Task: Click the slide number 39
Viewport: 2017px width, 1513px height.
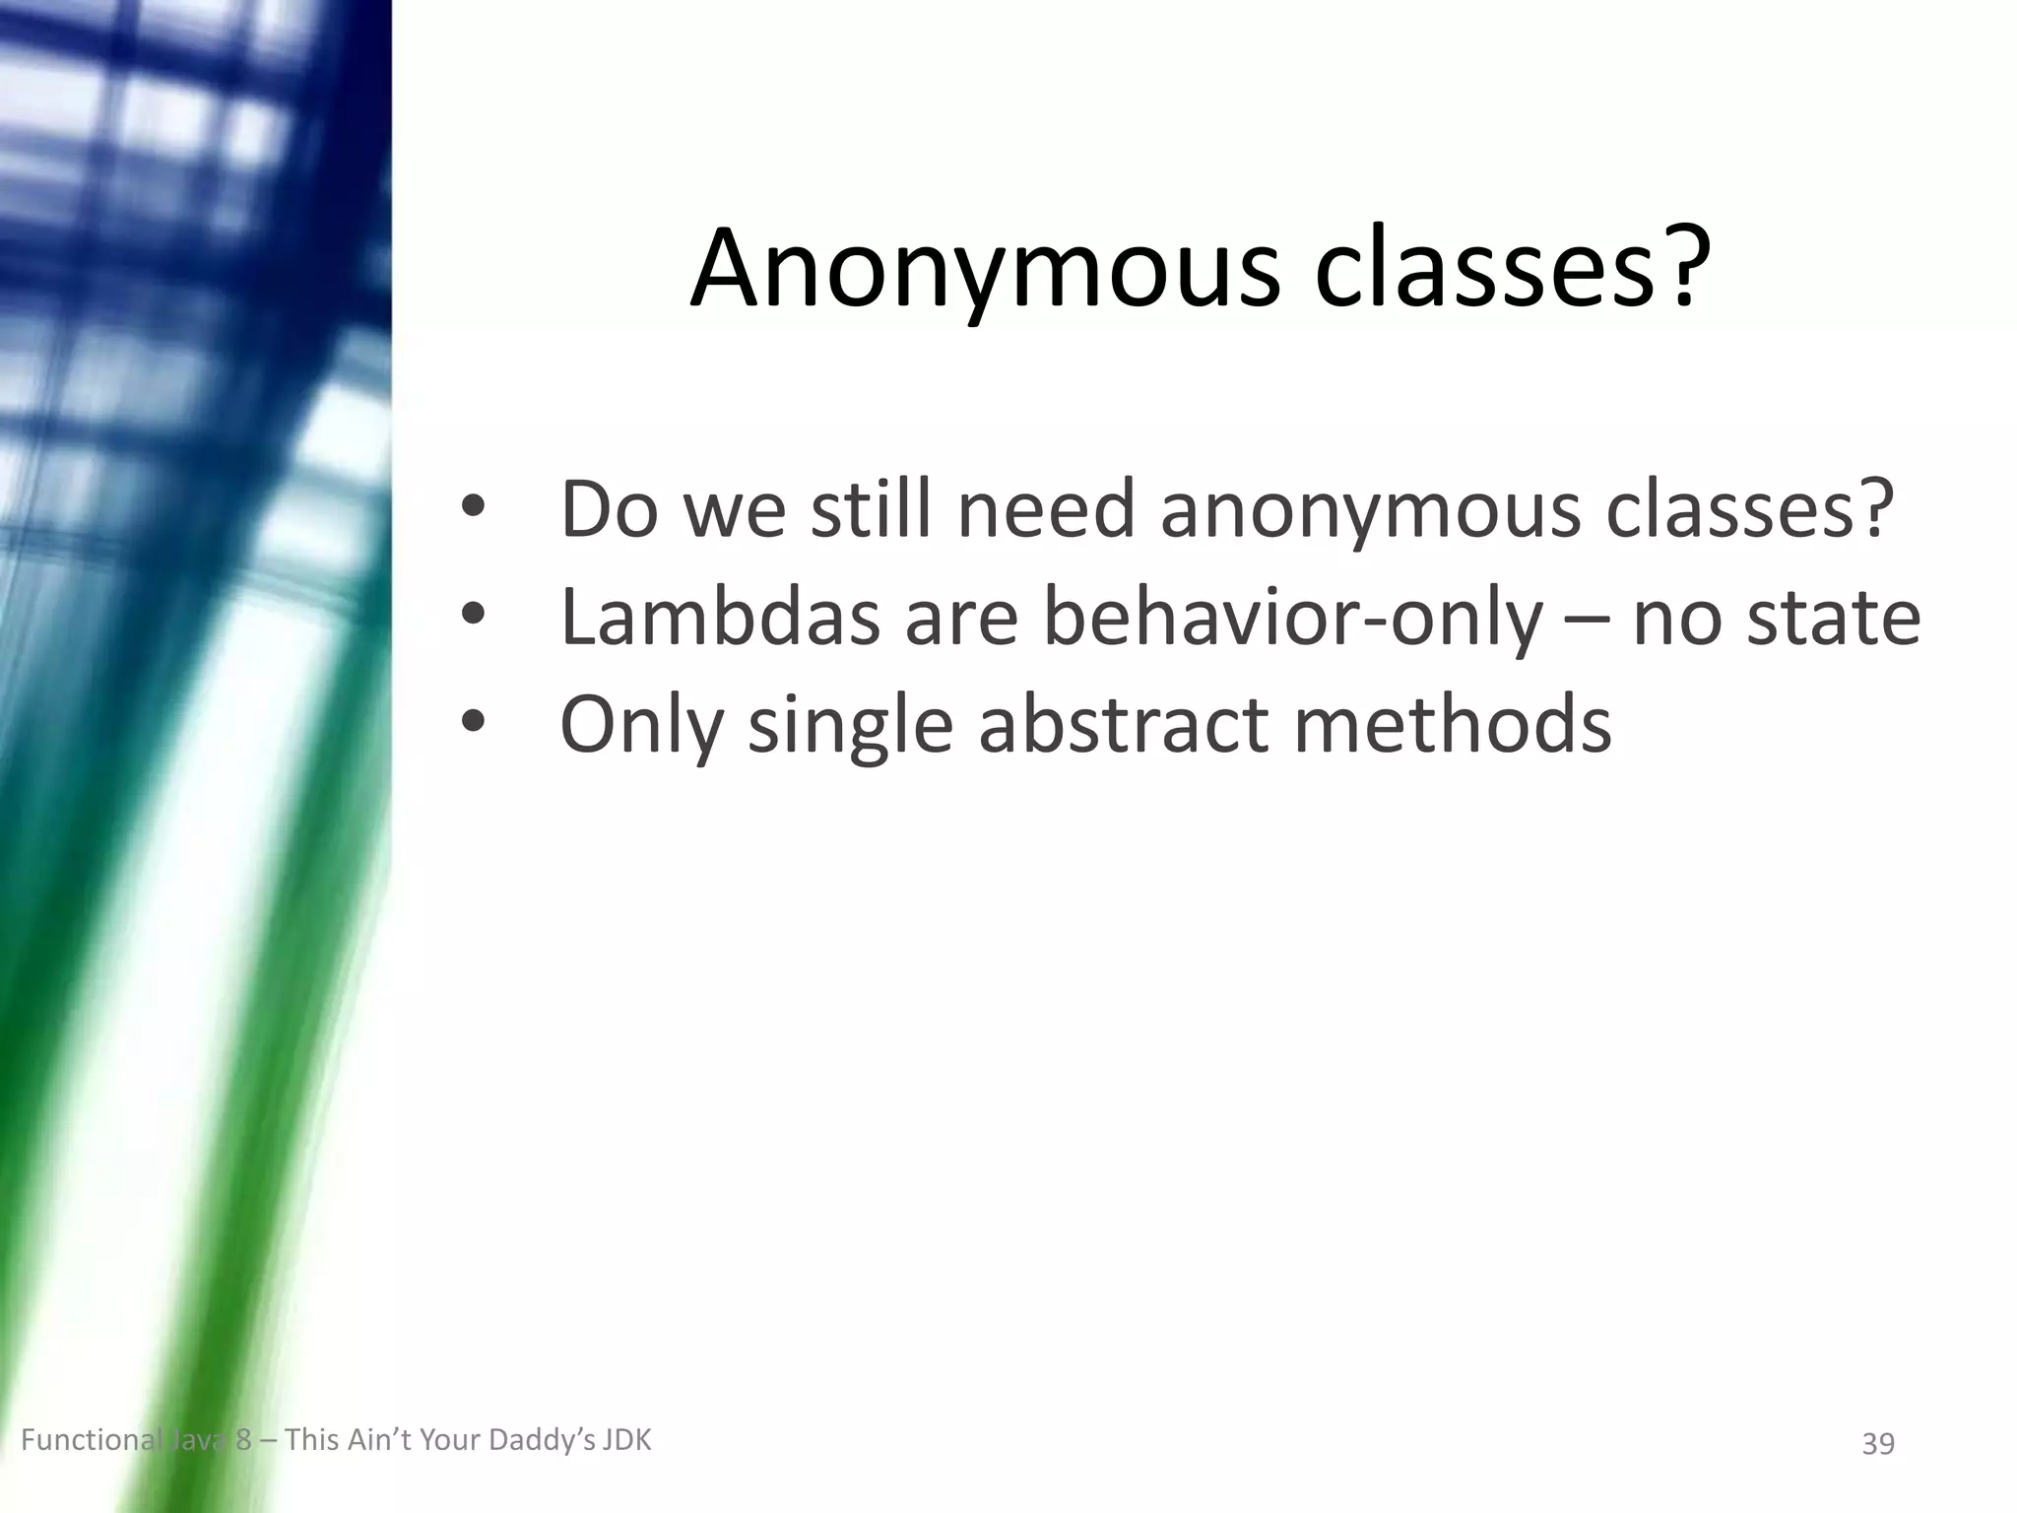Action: tap(1878, 1444)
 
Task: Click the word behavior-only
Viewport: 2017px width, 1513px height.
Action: tap(1293, 618)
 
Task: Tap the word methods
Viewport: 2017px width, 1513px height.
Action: tap(1452, 725)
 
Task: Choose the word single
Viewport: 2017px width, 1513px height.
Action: tap(851, 725)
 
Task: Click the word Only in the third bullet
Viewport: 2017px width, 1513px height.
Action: tap(641, 725)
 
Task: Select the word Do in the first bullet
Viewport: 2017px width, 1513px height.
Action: tap(609, 509)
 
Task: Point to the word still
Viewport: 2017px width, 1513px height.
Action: tap(871, 509)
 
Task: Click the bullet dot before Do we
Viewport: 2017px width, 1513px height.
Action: tap(474, 507)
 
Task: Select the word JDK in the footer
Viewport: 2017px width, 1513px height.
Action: tap(627, 1441)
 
